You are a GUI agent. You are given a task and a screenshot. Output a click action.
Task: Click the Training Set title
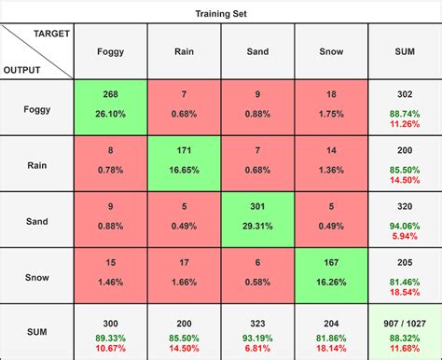coord(221,14)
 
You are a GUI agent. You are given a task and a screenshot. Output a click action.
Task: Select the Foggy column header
coord(110,52)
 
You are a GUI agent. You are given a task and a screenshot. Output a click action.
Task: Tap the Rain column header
coord(185,52)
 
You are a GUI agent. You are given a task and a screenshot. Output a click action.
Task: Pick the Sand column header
coord(258,52)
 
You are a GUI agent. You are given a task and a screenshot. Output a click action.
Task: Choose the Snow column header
coord(332,52)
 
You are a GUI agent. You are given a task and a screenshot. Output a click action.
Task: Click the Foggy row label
coord(37,107)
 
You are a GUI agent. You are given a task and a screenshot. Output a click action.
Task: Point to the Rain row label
coord(37,163)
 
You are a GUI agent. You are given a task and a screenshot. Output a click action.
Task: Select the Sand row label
coord(37,218)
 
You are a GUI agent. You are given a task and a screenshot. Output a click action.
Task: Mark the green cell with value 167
coord(332,274)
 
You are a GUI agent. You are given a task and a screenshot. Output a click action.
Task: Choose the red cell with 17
coord(185,274)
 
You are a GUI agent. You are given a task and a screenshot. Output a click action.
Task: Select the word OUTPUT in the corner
coord(22,69)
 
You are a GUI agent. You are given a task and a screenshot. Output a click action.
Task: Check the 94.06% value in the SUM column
coord(405,226)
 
